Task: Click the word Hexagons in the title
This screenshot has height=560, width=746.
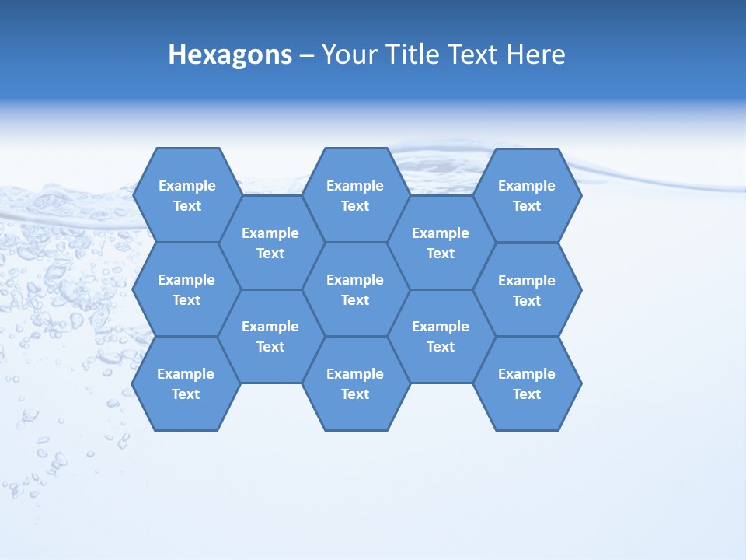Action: [x=230, y=55]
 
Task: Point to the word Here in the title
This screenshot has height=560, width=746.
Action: [x=535, y=55]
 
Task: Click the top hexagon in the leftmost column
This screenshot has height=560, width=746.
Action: [x=186, y=195]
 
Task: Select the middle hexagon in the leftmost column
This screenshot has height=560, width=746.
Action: [x=186, y=289]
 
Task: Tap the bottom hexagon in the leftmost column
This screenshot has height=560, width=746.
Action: [x=186, y=383]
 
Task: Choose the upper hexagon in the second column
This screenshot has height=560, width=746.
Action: [x=270, y=243]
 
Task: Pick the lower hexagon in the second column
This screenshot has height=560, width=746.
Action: [x=270, y=336]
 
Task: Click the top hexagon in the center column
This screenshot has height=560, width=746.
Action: [x=355, y=195]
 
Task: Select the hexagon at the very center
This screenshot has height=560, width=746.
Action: [x=355, y=289]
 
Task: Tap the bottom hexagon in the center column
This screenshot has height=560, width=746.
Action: [x=355, y=383]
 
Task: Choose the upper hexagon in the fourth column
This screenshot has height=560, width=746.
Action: [x=441, y=243]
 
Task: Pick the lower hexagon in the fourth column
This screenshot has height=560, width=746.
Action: [x=441, y=336]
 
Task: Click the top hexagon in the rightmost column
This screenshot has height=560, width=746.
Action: [x=527, y=195]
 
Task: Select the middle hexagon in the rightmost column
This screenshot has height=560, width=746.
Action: [x=527, y=290]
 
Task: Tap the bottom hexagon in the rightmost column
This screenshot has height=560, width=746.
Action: [x=527, y=383]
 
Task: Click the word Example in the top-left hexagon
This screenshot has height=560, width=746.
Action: [x=187, y=186]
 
